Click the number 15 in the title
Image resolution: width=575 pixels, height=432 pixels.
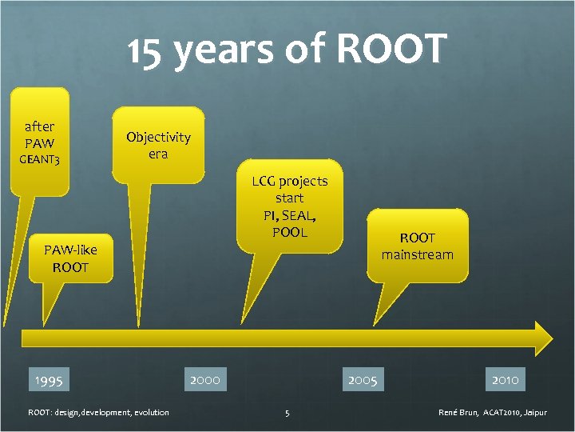[149, 51]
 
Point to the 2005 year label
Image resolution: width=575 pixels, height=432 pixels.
[363, 378]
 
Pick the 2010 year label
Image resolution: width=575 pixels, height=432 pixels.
[506, 378]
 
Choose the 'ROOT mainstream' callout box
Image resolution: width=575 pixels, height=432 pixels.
[417, 246]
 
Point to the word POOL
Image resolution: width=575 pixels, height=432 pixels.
[289, 232]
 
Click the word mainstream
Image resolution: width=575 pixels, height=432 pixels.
[417, 254]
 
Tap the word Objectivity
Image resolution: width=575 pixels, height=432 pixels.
[158, 137]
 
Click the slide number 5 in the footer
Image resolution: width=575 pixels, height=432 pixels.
[287, 413]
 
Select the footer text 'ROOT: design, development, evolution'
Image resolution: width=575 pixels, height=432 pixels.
[98, 413]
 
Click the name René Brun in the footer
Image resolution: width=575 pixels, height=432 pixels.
[458, 413]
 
